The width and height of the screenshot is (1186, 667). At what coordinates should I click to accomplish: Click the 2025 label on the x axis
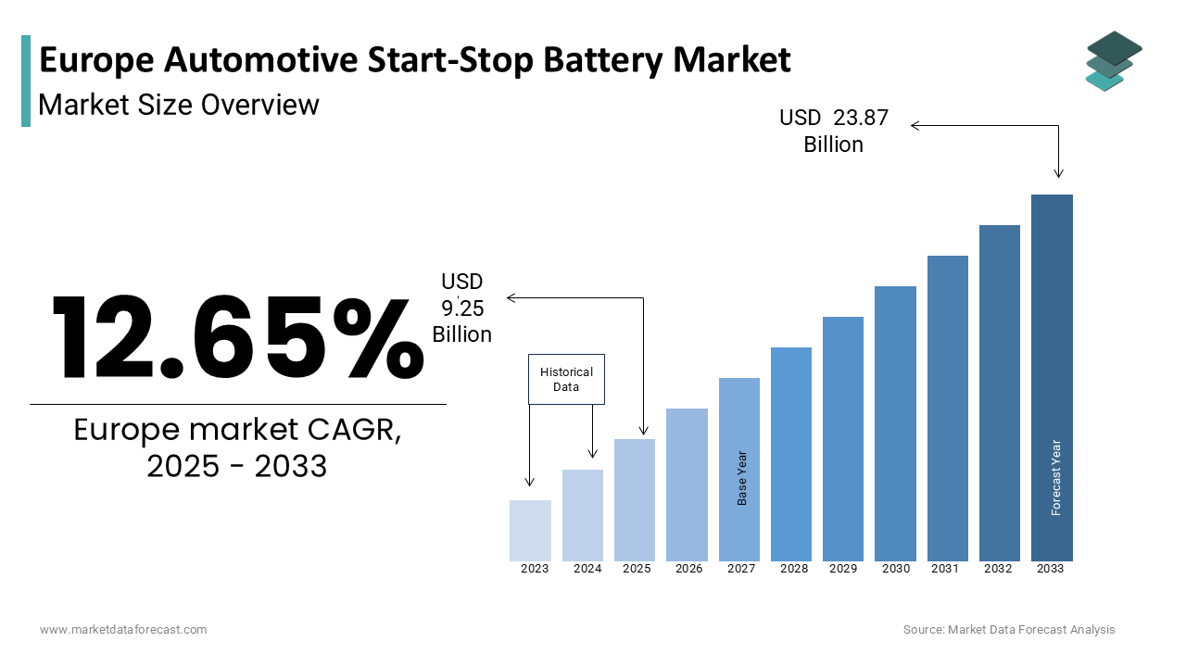pos(637,569)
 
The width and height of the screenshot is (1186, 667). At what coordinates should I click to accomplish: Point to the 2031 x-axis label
pos(945,569)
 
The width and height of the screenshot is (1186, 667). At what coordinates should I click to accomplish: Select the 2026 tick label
pos(688,569)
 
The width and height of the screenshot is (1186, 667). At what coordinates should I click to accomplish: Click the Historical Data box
pos(566,379)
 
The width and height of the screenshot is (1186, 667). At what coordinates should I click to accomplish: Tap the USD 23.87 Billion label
pos(834,131)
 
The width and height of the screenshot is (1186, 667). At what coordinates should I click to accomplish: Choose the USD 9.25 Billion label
pos(461,308)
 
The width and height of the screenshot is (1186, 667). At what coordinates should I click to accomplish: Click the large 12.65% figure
pos(236,338)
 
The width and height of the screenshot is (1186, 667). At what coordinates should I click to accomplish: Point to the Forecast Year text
pos(1056,477)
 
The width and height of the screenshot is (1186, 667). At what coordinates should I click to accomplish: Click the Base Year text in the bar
pos(742,478)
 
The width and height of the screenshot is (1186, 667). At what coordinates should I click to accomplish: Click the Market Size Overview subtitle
pos(179,105)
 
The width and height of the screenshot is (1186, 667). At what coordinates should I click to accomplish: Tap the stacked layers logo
pos(1113,61)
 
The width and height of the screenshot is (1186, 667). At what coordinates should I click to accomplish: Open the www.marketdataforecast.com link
pos(123,630)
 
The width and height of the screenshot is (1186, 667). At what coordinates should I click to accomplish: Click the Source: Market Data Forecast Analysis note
pos(1009,630)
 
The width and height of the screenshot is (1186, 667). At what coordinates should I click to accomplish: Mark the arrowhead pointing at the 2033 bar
pos(1058,173)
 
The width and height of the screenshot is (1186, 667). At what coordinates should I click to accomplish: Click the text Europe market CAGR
pos(237,431)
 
